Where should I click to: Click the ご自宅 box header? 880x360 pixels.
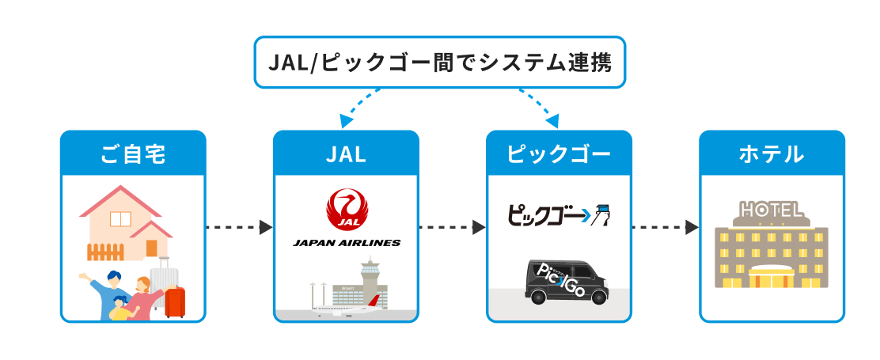point(133,153)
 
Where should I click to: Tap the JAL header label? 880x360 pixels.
point(346,153)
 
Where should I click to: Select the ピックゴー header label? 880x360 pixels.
point(559,153)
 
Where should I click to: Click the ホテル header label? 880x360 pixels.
point(772,153)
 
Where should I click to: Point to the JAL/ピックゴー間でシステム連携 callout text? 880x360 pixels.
point(440,62)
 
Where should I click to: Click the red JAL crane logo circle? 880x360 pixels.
point(345,209)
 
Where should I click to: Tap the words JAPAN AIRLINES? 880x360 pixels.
point(346,242)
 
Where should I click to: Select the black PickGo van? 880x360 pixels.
point(566,281)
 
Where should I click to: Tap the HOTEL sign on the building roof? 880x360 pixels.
point(772,210)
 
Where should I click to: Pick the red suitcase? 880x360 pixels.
point(175,301)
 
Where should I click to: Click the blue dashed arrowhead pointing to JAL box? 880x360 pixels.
point(345,122)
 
